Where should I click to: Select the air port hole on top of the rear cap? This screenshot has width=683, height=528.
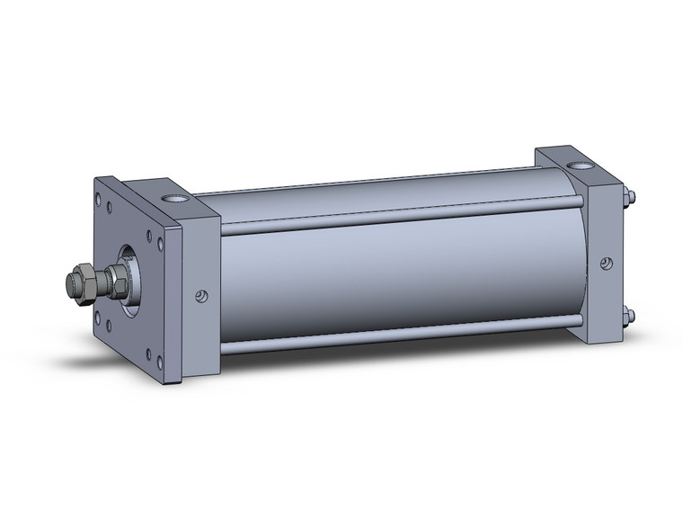click(577, 166)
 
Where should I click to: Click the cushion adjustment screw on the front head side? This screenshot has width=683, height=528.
click(202, 295)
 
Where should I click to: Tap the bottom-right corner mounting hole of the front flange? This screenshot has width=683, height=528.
click(159, 360)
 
